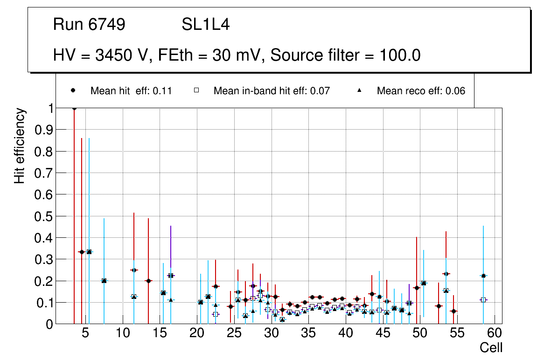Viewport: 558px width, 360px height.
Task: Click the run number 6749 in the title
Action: [x=107, y=25]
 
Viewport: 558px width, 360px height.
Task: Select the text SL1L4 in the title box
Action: [x=206, y=25]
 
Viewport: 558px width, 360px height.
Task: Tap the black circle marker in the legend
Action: [x=73, y=91]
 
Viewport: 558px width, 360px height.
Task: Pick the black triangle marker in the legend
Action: [x=360, y=91]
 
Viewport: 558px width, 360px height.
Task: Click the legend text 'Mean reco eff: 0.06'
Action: [x=421, y=91]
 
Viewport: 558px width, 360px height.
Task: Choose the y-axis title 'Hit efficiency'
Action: [x=20, y=145]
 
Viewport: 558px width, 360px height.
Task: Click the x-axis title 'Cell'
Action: [x=491, y=347]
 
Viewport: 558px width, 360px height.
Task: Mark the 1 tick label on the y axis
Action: [x=49, y=108]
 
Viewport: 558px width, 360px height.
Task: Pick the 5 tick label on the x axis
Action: [x=85, y=333]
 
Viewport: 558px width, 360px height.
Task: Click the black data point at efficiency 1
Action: [x=74, y=108]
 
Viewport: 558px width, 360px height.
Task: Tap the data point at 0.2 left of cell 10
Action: [x=104, y=281]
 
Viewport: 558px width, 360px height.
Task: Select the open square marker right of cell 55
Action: [x=483, y=300]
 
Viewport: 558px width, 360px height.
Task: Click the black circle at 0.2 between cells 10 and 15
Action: [x=148, y=281]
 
